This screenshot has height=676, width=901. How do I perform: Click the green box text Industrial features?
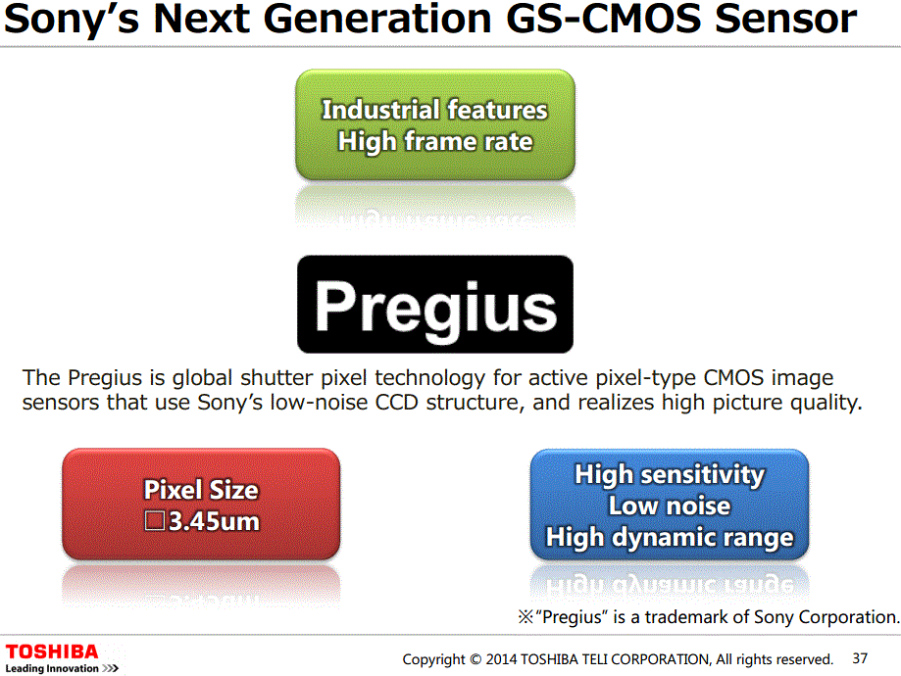(x=434, y=110)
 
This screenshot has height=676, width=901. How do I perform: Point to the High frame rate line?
(x=434, y=142)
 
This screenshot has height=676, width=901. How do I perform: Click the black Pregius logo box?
(x=434, y=305)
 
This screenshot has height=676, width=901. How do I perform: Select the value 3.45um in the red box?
(x=214, y=521)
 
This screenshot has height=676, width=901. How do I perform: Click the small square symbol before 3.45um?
(x=154, y=521)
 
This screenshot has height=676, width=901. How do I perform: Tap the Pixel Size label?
(x=201, y=490)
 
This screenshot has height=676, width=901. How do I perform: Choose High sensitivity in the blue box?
(x=669, y=475)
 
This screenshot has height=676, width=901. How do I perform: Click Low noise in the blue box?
(x=669, y=507)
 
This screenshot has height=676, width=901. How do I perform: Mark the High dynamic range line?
(x=669, y=538)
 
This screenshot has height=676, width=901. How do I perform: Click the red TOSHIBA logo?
(x=52, y=652)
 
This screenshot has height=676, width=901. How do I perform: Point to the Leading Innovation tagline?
(x=61, y=668)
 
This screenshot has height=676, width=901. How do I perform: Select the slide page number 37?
(x=860, y=658)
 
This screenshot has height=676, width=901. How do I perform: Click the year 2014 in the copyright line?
(x=503, y=659)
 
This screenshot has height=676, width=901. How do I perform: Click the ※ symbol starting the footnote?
(x=524, y=618)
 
